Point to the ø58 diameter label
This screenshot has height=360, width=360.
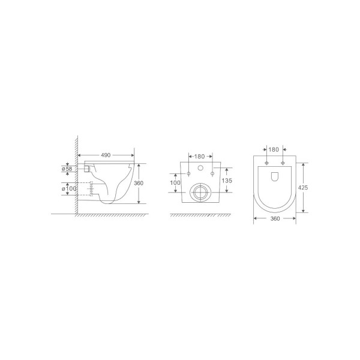[x=67, y=170]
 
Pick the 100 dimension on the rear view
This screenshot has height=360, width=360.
[x=176, y=182]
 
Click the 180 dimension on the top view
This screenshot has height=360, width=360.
[x=274, y=149]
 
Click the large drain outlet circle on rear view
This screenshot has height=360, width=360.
[x=200, y=193]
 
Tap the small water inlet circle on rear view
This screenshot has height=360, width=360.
[x=200, y=167]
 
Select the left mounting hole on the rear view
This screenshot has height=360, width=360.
[x=189, y=174]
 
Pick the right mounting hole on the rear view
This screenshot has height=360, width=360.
[x=211, y=174]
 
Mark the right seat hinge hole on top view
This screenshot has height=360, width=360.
[x=281, y=163]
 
